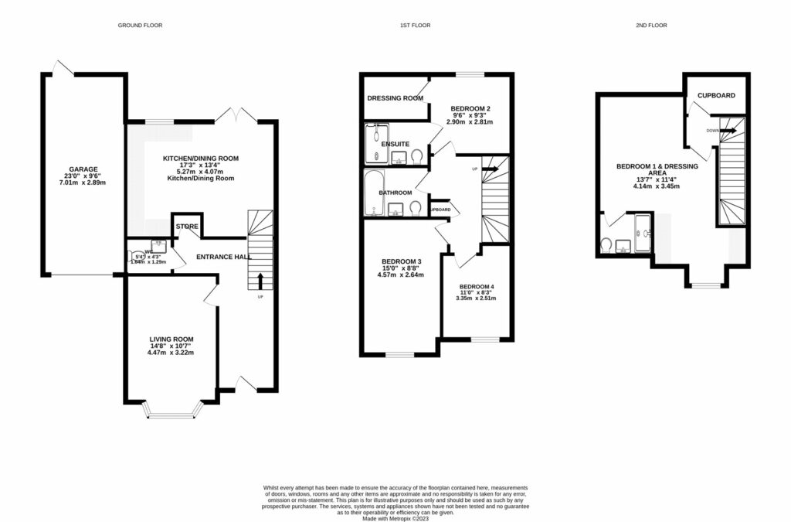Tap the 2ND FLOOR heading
pyautogui.click(x=651, y=26)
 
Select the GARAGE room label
pyautogui.click(x=84, y=169)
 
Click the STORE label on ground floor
pyautogui.click(x=188, y=227)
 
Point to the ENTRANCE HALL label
pyautogui.click(x=223, y=257)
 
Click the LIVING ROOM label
pyautogui.click(x=171, y=339)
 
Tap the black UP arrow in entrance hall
pyautogui.click(x=260, y=280)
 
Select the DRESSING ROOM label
pyautogui.click(x=395, y=98)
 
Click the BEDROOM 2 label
pyautogui.click(x=471, y=108)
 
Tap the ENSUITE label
pyautogui.click(x=395, y=145)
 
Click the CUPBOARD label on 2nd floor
pyautogui.click(x=716, y=96)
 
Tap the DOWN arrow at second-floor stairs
pyautogui.click(x=727, y=130)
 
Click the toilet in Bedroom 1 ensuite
pyautogui.click(x=607, y=245)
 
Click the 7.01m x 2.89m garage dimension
pyautogui.click(x=84, y=183)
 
